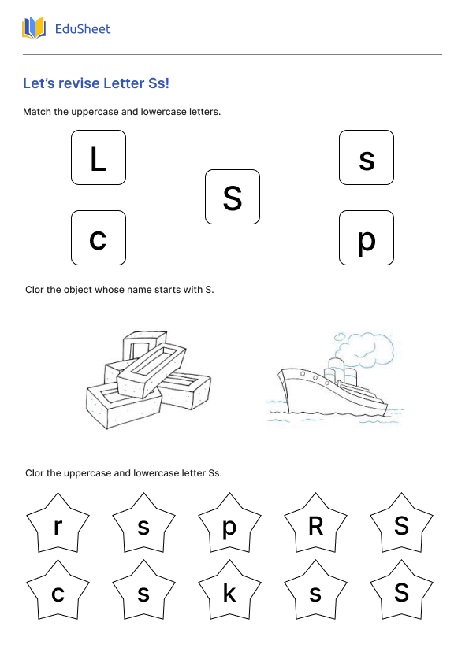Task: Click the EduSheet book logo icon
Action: (x=34, y=29)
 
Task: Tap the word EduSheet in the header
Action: (x=82, y=30)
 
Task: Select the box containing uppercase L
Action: (x=99, y=157)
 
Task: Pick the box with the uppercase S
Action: (x=233, y=197)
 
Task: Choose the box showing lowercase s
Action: (x=367, y=157)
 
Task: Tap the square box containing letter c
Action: (x=99, y=238)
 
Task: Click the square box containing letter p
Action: (x=367, y=238)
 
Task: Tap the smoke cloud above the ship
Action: (x=365, y=346)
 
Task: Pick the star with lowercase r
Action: (x=58, y=526)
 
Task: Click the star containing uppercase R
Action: (x=315, y=526)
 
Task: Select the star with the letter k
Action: (x=229, y=593)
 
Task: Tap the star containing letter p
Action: (x=229, y=526)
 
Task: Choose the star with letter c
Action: (x=58, y=593)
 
